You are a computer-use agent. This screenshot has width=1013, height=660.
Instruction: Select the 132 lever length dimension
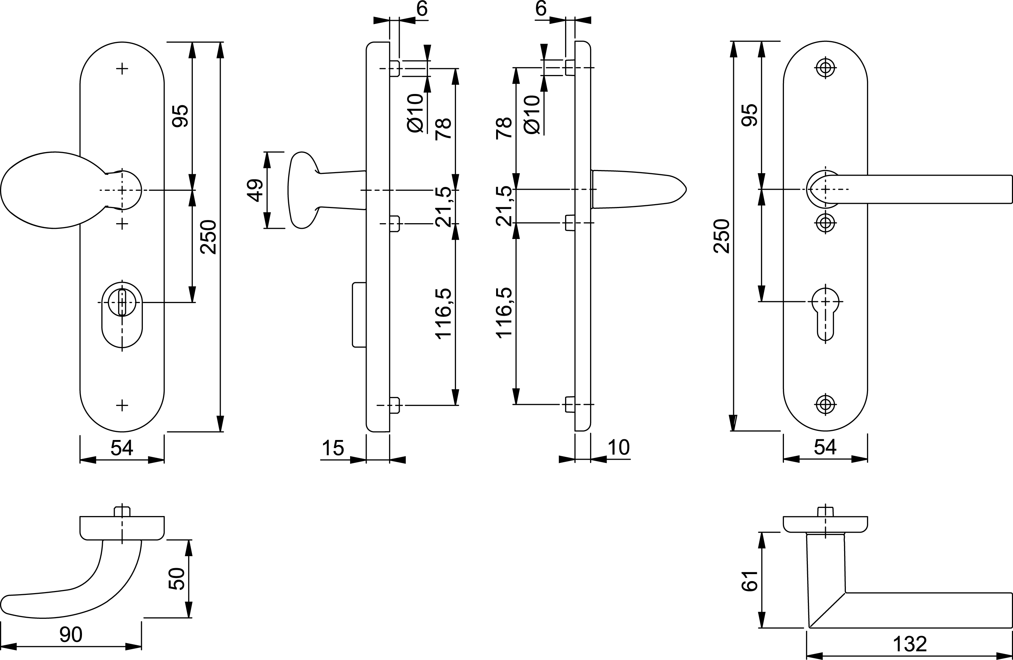point(910,644)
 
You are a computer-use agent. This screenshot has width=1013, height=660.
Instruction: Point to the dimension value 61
point(750,581)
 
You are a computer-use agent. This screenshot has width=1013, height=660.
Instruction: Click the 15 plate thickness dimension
point(333,448)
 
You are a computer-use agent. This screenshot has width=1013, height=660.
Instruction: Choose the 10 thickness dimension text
point(619,447)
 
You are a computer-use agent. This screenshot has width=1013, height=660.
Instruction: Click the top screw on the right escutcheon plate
point(825,68)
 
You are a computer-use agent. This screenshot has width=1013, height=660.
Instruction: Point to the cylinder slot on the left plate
point(122,302)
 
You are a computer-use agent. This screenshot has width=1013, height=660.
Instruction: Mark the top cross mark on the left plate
point(122,69)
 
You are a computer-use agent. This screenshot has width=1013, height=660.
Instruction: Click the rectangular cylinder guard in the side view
point(359,314)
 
